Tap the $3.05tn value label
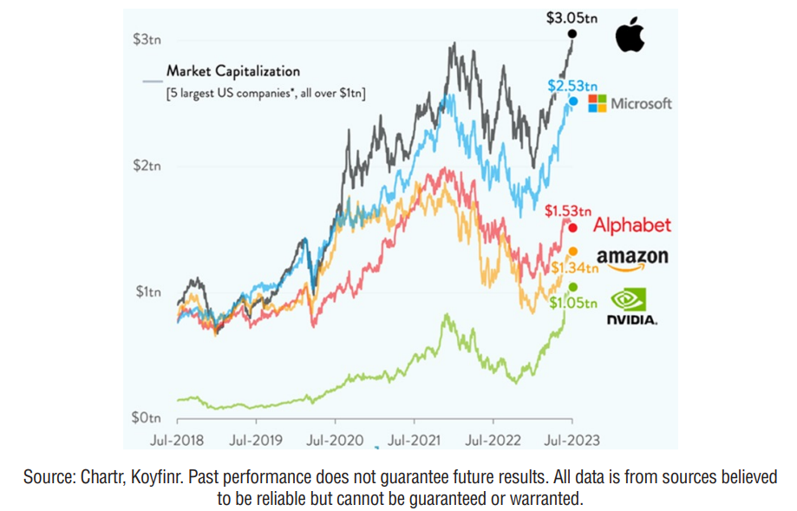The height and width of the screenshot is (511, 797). (572, 17)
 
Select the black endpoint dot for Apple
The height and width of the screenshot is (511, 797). (572, 34)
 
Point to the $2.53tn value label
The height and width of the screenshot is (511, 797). (572, 85)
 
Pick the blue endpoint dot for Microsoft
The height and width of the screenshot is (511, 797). (573, 102)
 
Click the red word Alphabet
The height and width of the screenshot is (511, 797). (632, 226)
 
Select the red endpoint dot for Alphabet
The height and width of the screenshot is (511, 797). (572, 227)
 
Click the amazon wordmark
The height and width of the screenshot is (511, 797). (632, 257)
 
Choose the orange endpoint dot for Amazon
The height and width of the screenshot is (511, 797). (572, 252)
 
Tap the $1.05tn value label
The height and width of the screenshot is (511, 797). (573, 303)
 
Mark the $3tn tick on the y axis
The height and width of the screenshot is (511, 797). (146, 40)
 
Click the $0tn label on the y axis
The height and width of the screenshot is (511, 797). (146, 418)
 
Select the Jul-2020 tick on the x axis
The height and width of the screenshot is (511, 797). (335, 440)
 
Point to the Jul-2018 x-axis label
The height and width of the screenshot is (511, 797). (177, 440)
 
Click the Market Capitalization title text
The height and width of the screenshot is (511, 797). (233, 71)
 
